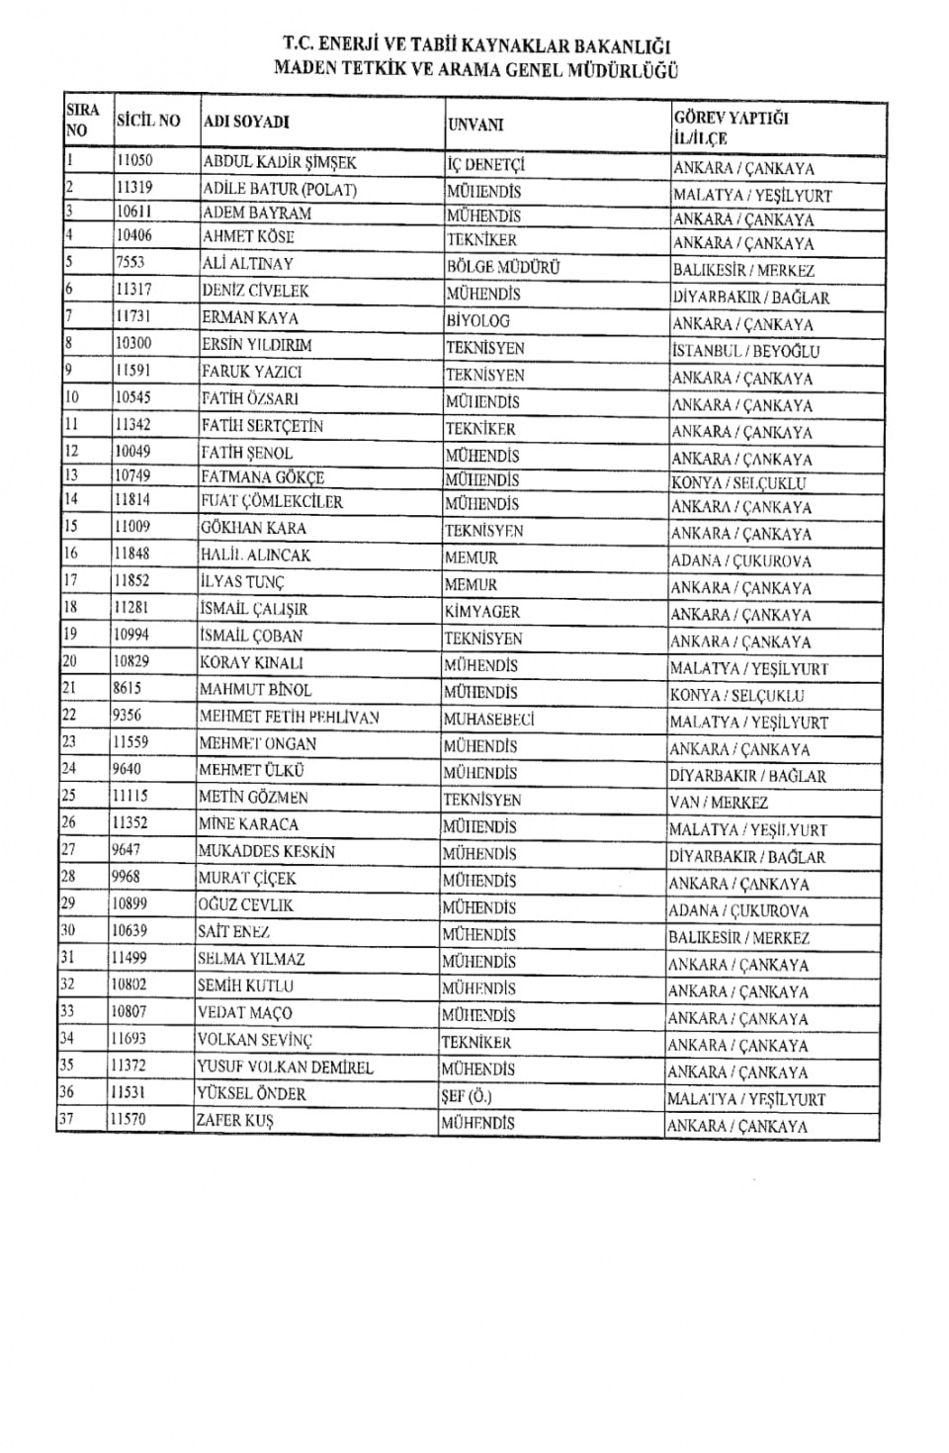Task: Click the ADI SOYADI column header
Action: pyautogui.click(x=246, y=123)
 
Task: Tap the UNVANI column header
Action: pyautogui.click(x=475, y=125)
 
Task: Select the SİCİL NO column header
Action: pyautogui.click(x=148, y=122)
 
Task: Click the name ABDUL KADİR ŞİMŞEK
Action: pyautogui.click(x=279, y=163)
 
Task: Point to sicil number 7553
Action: pyautogui.click(x=130, y=263)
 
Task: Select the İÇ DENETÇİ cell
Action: pyautogui.click(x=485, y=165)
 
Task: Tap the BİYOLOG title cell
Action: pyautogui.click(x=478, y=320)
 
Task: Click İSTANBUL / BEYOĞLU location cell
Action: pyautogui.click(x=745, y=351)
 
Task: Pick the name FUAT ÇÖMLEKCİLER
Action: pyautogui.click(x=272, y=502)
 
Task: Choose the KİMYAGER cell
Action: pyautogui.click(x=481, y=612)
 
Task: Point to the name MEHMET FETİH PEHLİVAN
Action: pyautogui.click(x=289, y=718)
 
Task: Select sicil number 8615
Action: pyautogui.click(x=129, y=689)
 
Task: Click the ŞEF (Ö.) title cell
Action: pyautogui.click(x=467, y=1095)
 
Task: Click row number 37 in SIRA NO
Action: pyautogui.click(x=68, y=1119)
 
